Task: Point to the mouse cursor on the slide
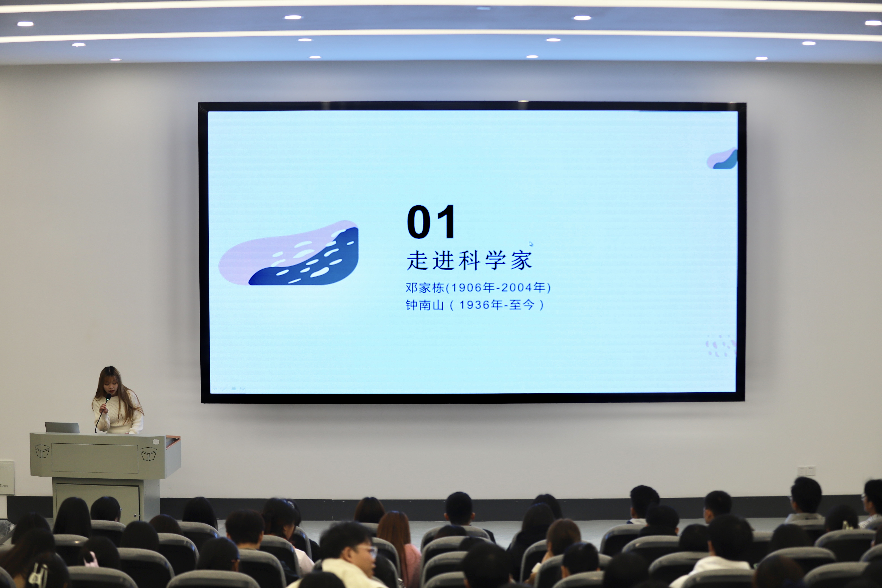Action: tap(531, 244)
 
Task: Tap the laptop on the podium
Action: tap(62, 427)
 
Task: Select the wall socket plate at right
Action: tap(806, 471)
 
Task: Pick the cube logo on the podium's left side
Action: tap(42, 451)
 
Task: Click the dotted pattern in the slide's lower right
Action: tap(720, 346)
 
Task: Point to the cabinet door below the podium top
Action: tap(98, 502)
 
